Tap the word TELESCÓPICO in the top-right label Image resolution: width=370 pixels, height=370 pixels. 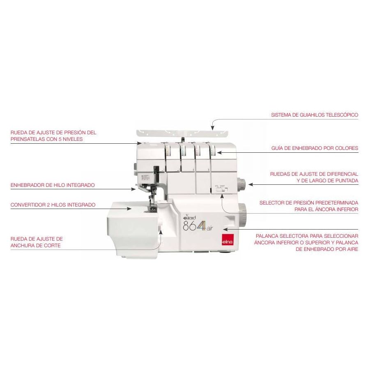342,115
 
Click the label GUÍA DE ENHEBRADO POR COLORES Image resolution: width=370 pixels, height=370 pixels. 315,148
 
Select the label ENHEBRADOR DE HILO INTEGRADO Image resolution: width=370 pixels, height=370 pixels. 53,185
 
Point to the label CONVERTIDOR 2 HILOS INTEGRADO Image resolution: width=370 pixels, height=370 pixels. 53,205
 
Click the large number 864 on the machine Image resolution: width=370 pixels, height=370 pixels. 193,225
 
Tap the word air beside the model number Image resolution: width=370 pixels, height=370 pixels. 209,228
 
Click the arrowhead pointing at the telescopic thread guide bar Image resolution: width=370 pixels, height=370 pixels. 213,128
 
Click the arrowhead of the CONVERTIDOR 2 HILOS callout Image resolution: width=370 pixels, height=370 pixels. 129,209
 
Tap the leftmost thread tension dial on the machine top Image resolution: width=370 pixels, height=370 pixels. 168,151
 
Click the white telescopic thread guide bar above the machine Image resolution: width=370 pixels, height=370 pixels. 182,133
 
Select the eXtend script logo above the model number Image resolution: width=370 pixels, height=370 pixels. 189,217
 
